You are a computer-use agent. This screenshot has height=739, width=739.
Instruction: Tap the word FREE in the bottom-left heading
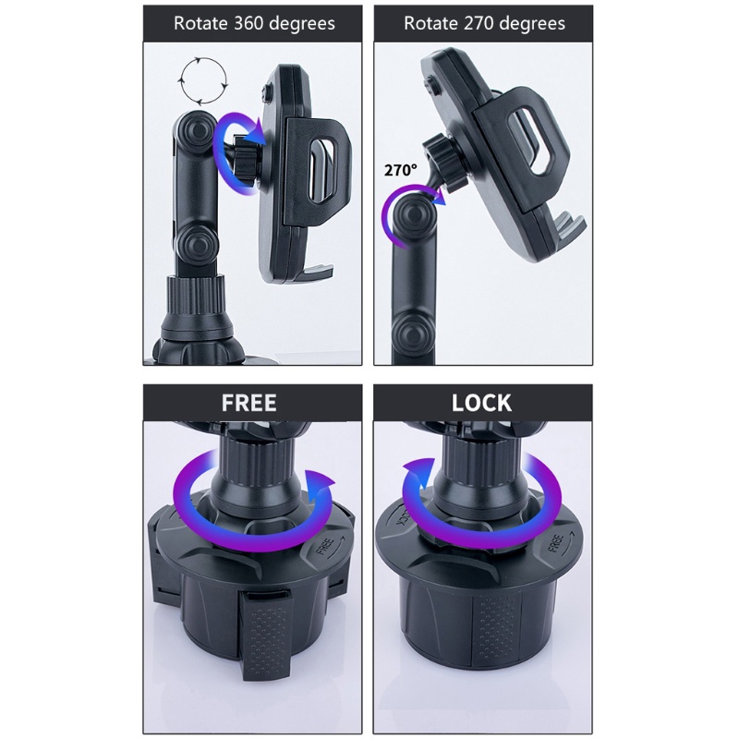pos(248,403)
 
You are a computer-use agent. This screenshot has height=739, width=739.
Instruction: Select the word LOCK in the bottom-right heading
pos(481,403)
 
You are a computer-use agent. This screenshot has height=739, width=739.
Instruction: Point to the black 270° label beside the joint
pos(401,170)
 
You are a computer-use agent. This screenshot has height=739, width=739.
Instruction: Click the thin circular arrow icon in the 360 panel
pos(203,80)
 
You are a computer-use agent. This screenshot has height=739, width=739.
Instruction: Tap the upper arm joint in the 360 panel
pos(194,130)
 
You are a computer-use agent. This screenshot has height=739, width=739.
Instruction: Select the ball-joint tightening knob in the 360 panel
pos(246,158)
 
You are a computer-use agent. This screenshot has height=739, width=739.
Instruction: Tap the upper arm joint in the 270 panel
pos(415,217)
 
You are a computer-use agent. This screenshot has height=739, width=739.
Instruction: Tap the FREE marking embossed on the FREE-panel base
pos(325,545)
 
